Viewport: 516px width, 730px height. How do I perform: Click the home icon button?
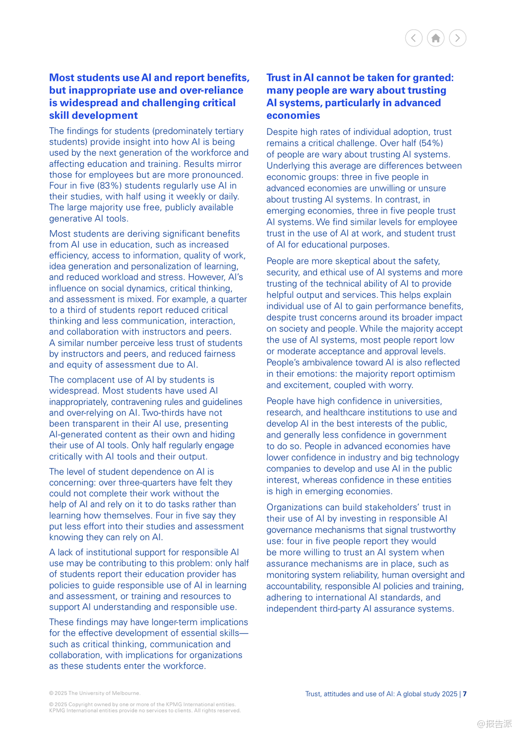pyautogui.click(x=436, y=38)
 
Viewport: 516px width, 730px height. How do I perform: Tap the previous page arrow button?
pyautogui.click(x=414, y=38)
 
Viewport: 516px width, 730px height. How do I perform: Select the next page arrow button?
pyautogui.click(x=458, y=38)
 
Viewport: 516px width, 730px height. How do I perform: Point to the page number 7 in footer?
pyautogui.click(x=465, y=694)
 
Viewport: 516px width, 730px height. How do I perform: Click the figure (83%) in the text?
pyautogui.click(x=110, y=185)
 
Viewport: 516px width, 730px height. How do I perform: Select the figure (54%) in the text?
pyautogui.click(x=431, y=143)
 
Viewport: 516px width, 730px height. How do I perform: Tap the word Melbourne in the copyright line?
pyautogui.click(x=125, y=693)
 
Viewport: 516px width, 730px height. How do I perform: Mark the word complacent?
pyautogui.click(x=90, y=380)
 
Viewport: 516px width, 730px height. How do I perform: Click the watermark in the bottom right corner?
pyautogui.click(x=494, y=724)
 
